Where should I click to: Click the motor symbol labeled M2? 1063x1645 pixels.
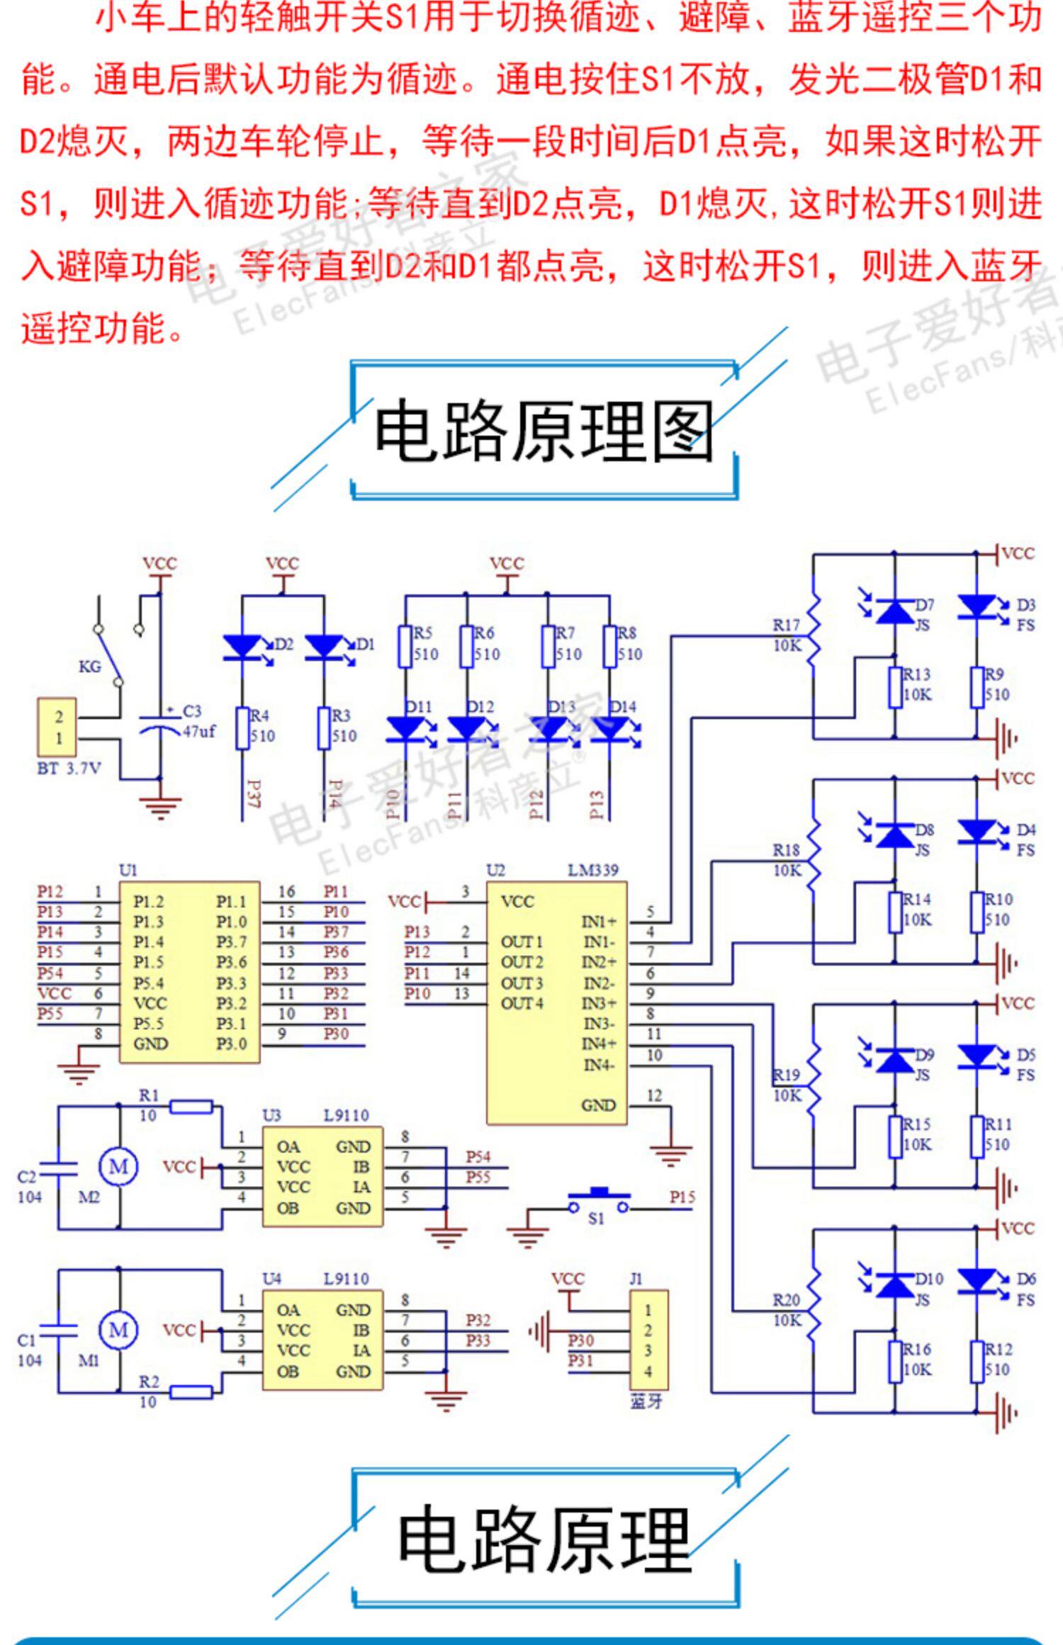click(118, 1166)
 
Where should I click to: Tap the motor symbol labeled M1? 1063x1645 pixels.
click(118, 1330)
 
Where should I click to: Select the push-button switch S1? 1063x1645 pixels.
click(598, 1200)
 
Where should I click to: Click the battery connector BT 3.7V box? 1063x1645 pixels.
click(58, 728)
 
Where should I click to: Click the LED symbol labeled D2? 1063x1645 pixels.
click(242, 648)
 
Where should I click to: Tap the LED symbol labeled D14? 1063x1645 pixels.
click(609, 728)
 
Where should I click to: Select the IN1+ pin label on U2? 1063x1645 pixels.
click(600, 922)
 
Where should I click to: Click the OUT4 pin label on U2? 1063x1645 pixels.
click(522, 1003)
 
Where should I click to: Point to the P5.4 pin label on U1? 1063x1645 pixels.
click(148, 983)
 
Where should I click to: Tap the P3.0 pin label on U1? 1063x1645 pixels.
click(232, 1044)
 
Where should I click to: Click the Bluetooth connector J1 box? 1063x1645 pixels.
click(648, 1340)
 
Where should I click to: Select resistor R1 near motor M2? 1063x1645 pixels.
click(191, 1106)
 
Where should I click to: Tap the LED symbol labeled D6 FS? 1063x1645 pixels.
click(977, 1280)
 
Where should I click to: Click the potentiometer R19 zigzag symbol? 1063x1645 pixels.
click(815, 1083)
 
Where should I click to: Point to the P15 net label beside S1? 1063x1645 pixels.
click(682, 1197)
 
